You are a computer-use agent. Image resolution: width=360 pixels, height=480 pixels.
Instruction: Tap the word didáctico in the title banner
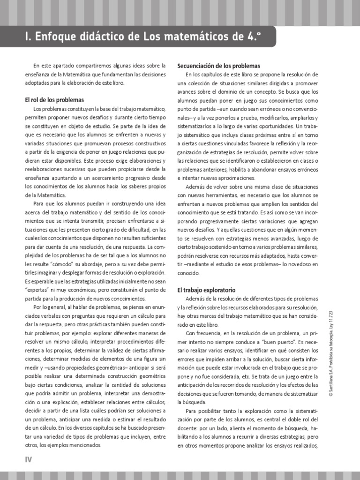coord(100,37)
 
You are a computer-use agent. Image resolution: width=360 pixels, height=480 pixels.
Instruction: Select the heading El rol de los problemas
coord(54,100)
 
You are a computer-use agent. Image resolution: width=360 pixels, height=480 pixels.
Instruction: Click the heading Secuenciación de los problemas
coord(218,66)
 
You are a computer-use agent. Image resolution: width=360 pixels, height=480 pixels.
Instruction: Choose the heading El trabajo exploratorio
coord(206,290)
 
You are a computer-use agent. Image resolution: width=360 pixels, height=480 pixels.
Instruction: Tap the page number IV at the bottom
coord(28,459)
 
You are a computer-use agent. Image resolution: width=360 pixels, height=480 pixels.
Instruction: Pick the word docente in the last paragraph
coord(190,427)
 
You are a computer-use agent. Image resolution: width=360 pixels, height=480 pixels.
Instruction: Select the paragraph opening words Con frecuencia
coord(203,333)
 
